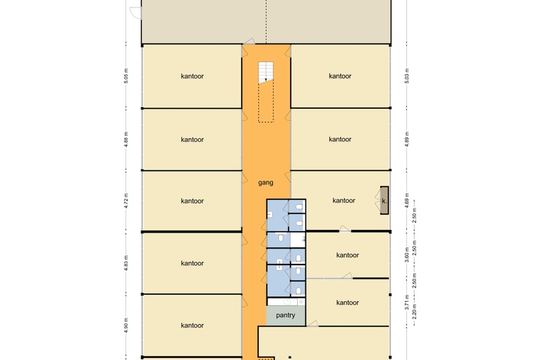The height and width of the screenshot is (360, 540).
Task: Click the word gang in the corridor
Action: click(x=266, y=183)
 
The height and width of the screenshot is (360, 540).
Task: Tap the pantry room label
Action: click(x=285, y=315)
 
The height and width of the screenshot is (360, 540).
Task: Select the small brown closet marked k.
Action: click(x=384, y=201)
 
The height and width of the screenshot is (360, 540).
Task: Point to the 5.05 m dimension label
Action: click(x=126, y=75)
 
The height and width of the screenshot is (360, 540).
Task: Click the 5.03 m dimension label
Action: click(x=406, y=75)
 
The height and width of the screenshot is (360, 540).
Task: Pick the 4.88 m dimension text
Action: click(x=126, y=139)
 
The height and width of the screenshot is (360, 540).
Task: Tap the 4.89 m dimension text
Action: click(x=406, y=139)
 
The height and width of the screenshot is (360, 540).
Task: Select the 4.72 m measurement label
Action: click(x=126, y=201)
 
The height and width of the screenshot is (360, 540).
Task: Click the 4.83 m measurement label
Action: click(x=126, y=263)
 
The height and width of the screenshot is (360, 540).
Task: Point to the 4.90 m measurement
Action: click(x=126, y=325)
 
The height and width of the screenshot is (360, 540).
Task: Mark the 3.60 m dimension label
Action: click(x=406, y=255)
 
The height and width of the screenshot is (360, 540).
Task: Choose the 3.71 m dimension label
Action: click(x=406, y=302)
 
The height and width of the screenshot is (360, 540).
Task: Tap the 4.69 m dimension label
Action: click(x=406, y=201)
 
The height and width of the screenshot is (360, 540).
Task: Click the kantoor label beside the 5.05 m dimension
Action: click(x=192, y=76)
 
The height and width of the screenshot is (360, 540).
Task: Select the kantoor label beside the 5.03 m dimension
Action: click(x=340, y=75)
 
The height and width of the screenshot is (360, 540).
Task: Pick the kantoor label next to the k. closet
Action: click(x=343, y=200)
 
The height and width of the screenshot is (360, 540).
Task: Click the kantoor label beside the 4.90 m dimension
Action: click(x=192, y=325)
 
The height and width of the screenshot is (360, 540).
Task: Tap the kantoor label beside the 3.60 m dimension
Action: click(x=348, y=255)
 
